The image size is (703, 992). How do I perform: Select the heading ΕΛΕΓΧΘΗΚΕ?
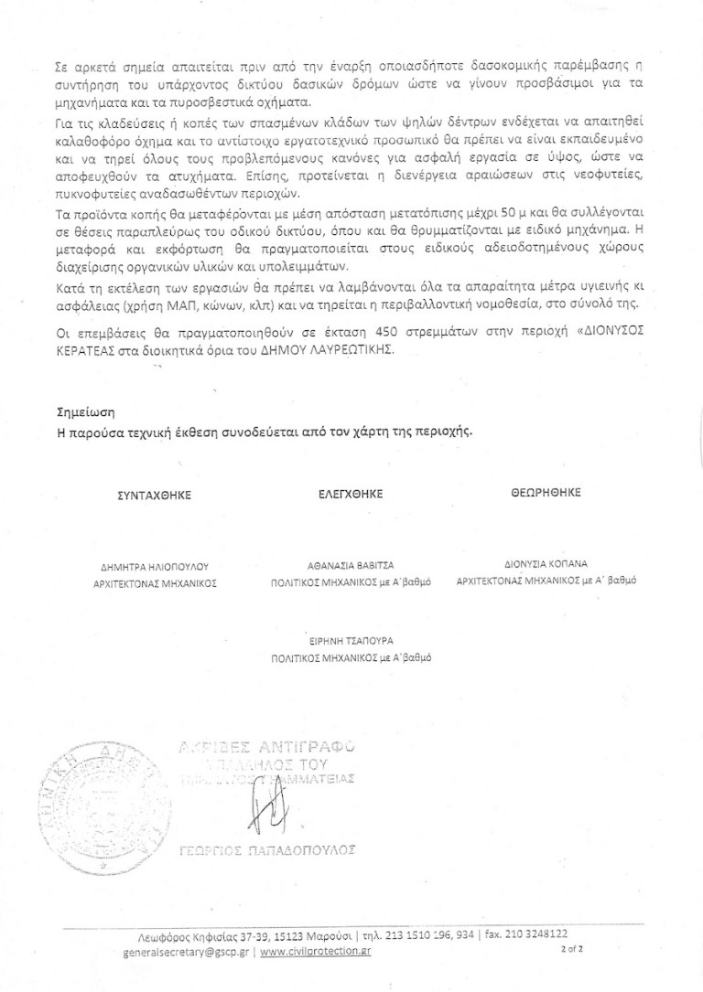tap(351, 494)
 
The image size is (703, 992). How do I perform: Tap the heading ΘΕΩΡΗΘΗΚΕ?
tap(546, 493)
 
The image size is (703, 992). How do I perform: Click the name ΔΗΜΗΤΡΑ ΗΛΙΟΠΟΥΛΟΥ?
tap(155, 567)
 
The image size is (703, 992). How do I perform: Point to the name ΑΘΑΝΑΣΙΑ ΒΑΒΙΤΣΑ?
tap(351, 565)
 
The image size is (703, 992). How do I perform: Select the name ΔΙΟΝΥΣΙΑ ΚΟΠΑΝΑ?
tap(546, 564)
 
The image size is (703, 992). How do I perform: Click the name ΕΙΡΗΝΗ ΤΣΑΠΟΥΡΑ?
tap(351, 641)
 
